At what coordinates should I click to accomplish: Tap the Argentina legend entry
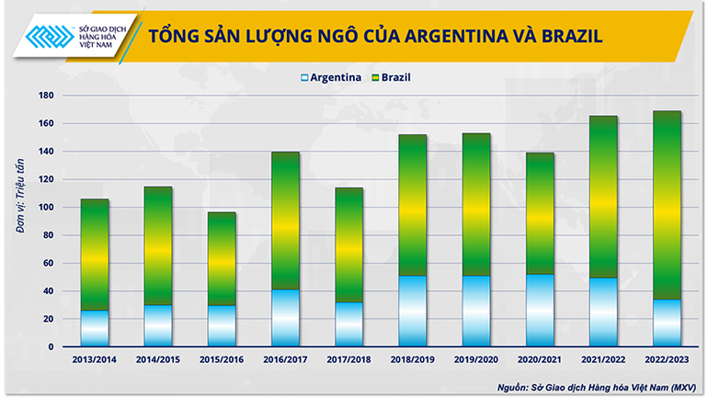[x=332, y=77]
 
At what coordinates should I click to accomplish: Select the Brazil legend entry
[x=390, y=77]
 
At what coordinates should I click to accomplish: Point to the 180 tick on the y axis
[x=43, y=96]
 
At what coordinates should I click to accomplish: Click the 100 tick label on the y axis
[x=43, y=208]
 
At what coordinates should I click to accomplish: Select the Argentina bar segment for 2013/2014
[x=95, y=329]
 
